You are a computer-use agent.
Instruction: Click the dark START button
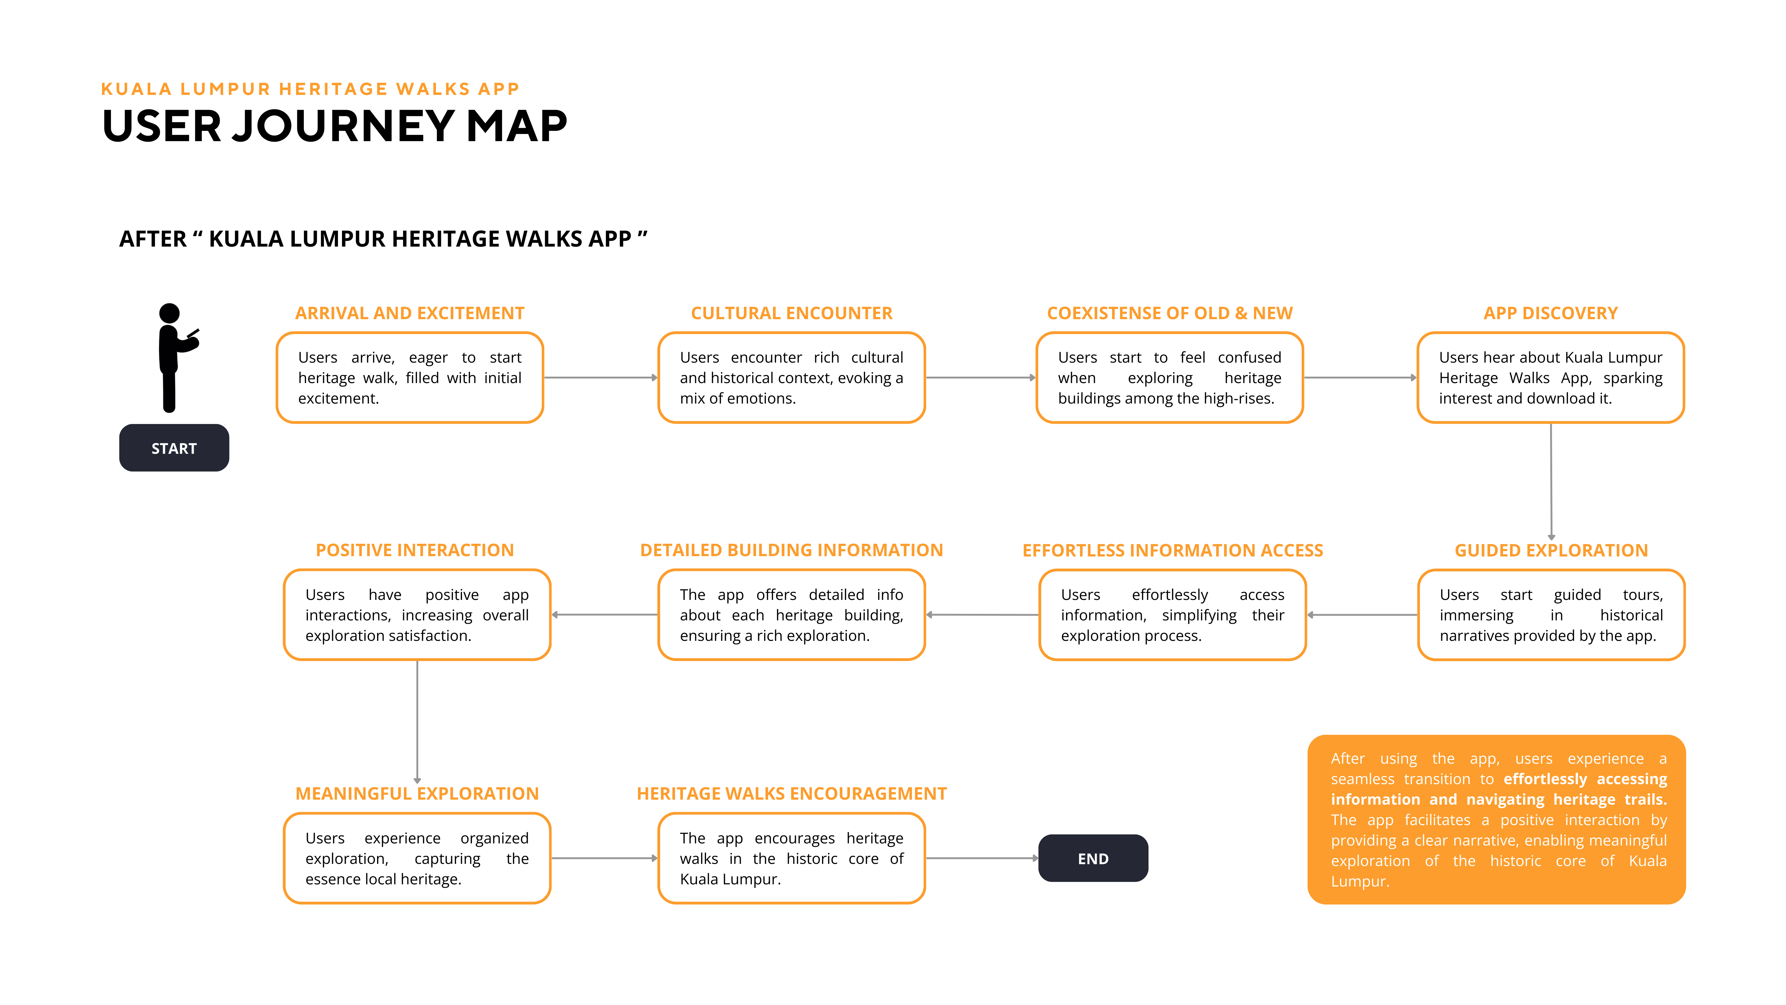pyautogui.click(x=174, y=448)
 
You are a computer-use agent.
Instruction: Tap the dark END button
pyautogui.click(x=1093, y=859)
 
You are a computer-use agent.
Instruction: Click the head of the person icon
pyautogui.click(x=169, y=314)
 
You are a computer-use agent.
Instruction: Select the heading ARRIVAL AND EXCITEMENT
pyautogui.click(x=410, y=314)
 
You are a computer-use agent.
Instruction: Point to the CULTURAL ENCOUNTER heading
pyautogui.click(x=791, y=314)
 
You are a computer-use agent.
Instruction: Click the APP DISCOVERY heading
pyautogui.click(x=1550, y=314)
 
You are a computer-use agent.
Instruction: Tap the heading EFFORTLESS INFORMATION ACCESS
pyautogui.click(x=1172, y=551)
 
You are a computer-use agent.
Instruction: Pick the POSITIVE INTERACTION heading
pyautogui.click(x=415, y=551)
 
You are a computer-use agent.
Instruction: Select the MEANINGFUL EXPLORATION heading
pyautogui.click(x=417, y=794)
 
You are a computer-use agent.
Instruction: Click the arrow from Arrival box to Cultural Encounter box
pyautogui.click(x=600, y=378)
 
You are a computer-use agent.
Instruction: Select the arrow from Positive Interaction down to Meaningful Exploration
pyautogui.click(x=417, y=721)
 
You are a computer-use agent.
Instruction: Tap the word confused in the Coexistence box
pyautogui.click(x=1249, y=358)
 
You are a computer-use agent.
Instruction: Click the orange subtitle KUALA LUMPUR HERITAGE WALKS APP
pyautogui.click(x=310, y=89)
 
